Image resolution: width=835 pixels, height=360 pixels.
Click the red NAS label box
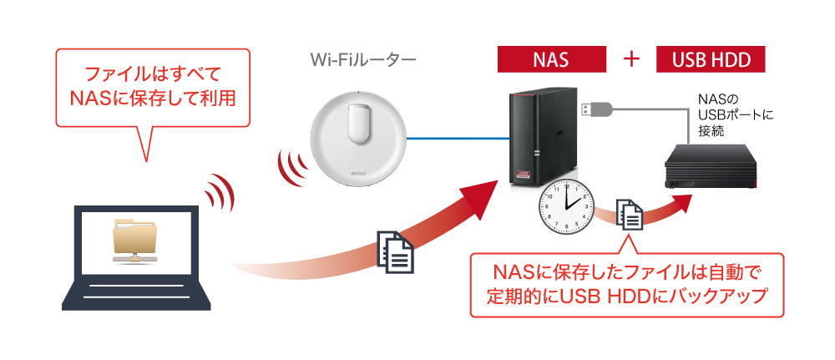(x=552, y=59)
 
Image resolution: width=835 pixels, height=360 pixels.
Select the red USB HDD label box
(x=711, y=59)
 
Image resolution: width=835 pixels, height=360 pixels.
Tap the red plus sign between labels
(x=631, y=59)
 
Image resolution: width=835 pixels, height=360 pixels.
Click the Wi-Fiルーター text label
(x=363, y=60)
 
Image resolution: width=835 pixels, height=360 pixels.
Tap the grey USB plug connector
(x=595, y=109)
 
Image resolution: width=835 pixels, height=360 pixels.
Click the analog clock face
(x=566, y=206)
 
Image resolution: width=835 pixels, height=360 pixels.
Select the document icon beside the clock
(x=630, y=215)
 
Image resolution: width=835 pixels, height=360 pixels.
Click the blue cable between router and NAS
(x=458, y=139)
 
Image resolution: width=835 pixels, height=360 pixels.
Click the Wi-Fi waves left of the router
(x=291, y=167)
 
